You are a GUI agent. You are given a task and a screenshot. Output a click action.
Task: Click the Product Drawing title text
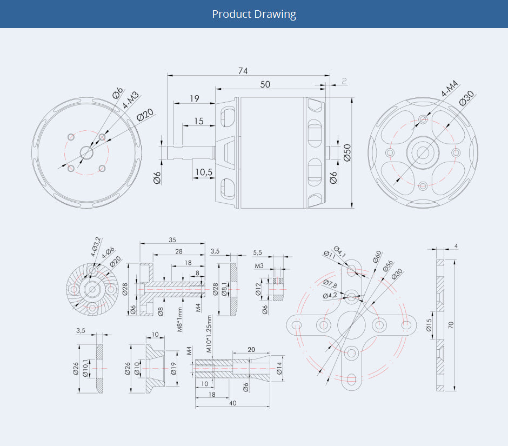pos(254,14)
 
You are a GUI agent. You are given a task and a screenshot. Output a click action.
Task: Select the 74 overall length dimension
pos(243,71)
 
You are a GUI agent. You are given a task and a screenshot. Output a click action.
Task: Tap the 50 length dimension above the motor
pos(265,84)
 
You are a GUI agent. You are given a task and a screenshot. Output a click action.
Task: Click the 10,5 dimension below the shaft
pos(203,172)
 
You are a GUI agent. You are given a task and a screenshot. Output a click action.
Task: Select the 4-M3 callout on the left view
pos(130,101)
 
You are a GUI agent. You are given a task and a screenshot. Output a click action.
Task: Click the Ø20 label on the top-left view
pos(145,115)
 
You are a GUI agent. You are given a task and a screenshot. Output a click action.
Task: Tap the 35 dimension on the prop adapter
pos(172,239)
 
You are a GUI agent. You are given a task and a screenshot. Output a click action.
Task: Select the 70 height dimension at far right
pos(450,324)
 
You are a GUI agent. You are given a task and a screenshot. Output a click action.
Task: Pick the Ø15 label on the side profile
pos(429,325)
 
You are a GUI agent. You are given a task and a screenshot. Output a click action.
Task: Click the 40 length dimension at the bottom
pos(232,403)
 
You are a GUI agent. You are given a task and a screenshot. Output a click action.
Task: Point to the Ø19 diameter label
pos(173,369)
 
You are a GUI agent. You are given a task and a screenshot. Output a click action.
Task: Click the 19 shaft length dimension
pos(195,98)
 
